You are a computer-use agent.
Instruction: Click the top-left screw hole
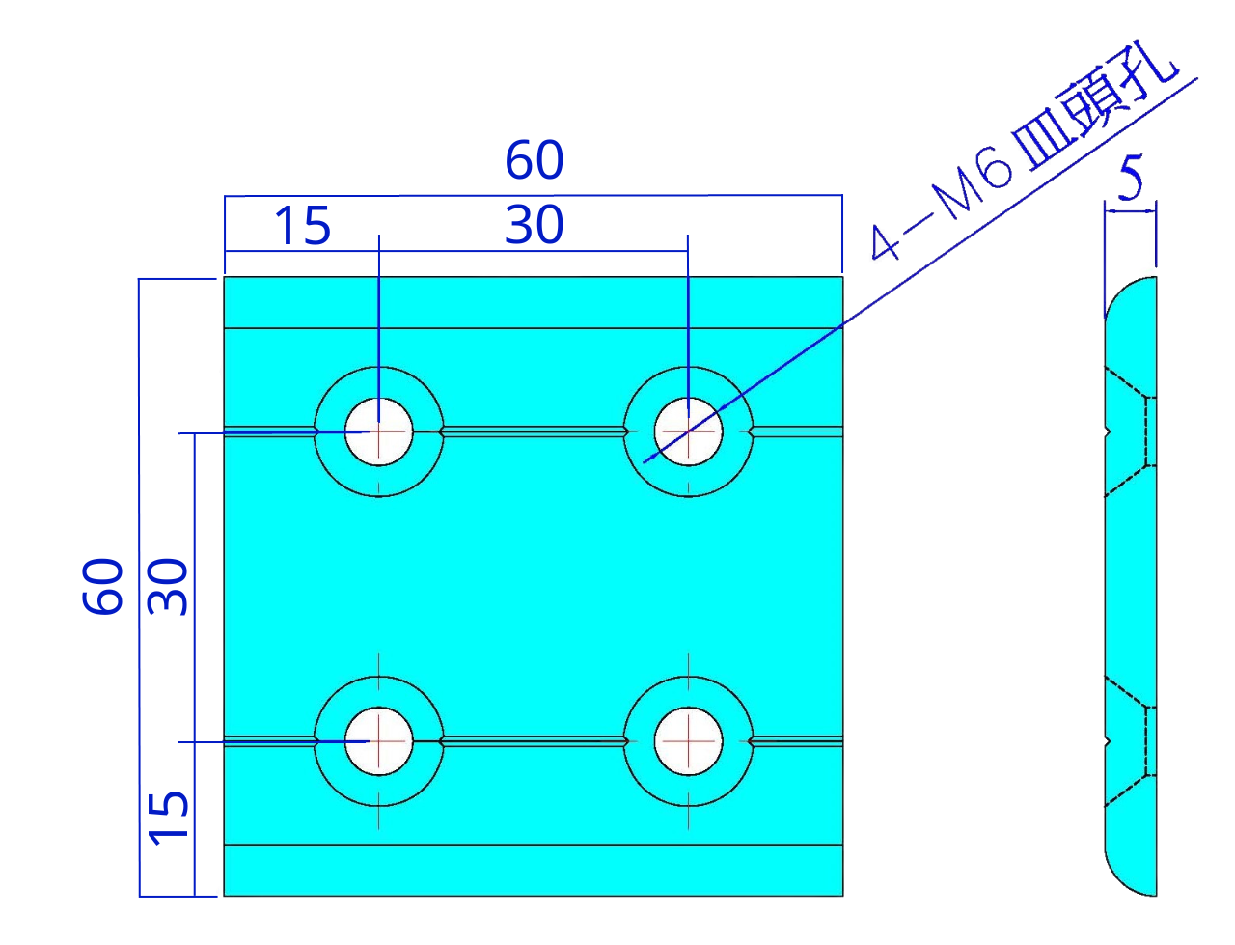(379, 431)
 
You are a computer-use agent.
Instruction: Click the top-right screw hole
(688, 431)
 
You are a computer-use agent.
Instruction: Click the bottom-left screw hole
(379, 741)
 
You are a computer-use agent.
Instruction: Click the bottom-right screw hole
(688, 741)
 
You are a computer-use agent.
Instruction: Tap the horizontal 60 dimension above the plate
(534, 160)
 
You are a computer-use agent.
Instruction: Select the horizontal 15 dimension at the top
(302, 228)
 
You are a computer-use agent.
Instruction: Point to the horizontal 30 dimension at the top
(534, 226)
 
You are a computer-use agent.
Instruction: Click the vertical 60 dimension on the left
(103, 586)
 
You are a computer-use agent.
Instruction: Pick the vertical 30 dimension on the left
(169, 586)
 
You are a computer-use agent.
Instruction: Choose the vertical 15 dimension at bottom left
(169, 817)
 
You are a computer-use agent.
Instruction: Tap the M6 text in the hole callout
(976, 183)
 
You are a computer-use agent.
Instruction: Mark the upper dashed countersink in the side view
(1129, 431)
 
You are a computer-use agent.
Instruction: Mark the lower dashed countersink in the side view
(1129, 741)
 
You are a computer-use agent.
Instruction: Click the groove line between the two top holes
(534, 431)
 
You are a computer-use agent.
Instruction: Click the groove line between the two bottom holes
(534, 741)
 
